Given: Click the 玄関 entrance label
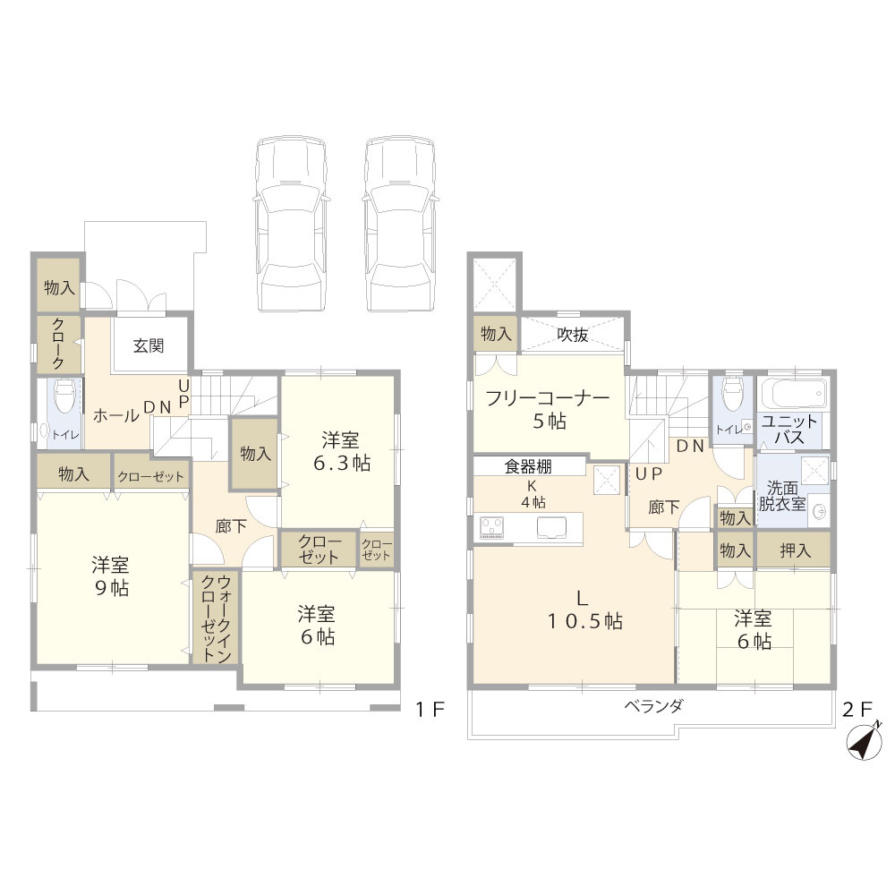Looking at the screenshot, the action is [149, 345].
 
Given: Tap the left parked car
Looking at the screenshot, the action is [291, 224].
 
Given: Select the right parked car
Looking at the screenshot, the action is [400, 224].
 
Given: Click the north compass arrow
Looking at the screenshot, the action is [865, 743].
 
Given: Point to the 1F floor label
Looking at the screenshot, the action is [430, 710].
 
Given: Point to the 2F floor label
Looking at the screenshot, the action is [858, 710].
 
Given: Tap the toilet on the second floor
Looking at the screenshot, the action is [733, 393].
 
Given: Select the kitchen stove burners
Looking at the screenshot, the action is [492, 527].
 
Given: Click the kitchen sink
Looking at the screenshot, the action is [552, 527].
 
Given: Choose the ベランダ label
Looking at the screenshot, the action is [653, 706].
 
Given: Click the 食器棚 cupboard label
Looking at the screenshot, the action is [528, 466].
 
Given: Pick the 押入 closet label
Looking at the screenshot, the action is [795, 550].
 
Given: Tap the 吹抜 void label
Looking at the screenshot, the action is [573, 335].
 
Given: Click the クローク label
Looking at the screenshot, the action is [59, 344].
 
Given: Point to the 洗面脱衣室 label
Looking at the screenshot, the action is [782, 496].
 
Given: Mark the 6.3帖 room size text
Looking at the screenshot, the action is [342, 463].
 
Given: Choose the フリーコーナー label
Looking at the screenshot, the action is [548, 398].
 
